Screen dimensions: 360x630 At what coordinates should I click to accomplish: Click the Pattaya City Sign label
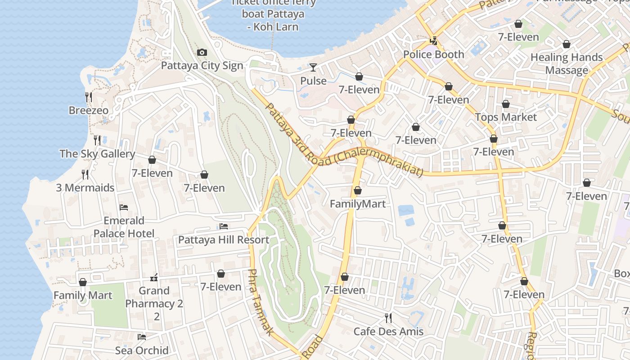point(202,66)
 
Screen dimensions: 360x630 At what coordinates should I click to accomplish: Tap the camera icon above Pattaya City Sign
point(202,53)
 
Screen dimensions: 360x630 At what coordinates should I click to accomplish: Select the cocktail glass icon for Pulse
point(313,67)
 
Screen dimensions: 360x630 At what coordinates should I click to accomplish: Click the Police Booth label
point(433,54)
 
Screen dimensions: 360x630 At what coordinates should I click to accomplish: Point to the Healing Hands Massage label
point(566,63)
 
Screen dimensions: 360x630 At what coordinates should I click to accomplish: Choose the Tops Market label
point(506,117)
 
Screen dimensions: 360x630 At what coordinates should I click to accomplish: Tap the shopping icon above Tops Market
point(506,104)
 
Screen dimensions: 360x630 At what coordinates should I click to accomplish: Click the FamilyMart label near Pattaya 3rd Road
point(358,204)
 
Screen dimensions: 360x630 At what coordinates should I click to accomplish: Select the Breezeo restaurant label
point(89,110)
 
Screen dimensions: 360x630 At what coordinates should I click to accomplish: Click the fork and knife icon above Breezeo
point(89,97)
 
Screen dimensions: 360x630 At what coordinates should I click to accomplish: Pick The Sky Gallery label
point(97,153)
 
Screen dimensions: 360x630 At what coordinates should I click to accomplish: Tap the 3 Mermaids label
point(85,188)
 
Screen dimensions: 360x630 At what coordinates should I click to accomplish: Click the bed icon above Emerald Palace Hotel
point(124,207)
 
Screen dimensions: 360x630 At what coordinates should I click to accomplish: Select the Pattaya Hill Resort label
point(224,239)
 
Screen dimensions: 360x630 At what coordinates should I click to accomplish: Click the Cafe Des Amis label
point(388,332)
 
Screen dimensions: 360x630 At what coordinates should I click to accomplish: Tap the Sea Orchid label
point(142,350)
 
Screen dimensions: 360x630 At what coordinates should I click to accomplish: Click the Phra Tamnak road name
point(260,302)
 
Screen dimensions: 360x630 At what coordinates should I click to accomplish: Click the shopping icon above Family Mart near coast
point(83,283)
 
